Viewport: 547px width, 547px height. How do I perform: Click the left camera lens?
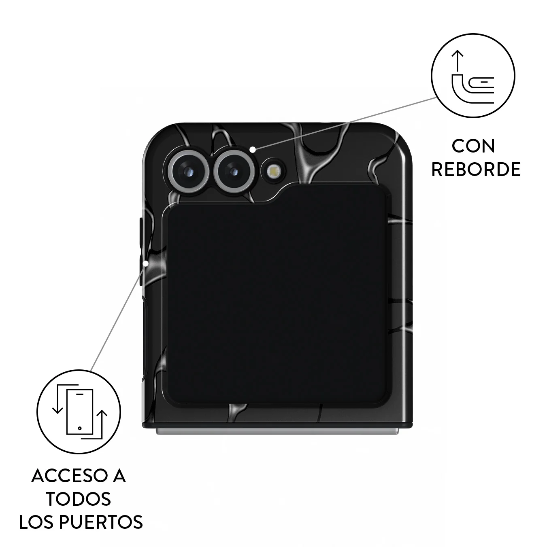point(188,171)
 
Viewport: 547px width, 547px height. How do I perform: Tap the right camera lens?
point(234,171)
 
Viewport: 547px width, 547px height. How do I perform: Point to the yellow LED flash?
point(273,171)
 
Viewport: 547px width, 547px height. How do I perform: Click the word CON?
point(473,146)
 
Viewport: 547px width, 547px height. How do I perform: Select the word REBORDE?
point(476,170)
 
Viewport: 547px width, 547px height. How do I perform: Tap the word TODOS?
point(79,499)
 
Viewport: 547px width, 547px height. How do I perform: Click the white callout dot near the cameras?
point(253,149)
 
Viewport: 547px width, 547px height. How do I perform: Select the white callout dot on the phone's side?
point(146,263)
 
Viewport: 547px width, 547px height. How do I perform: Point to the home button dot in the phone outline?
point(80,428)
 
